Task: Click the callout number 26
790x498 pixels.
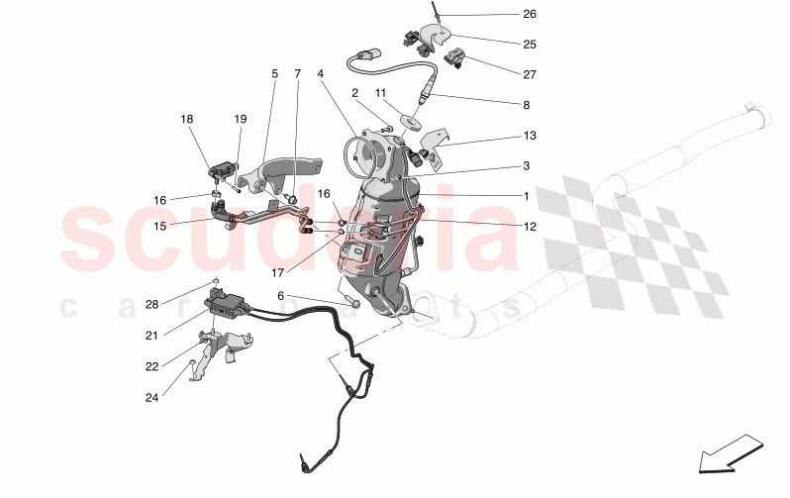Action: (x=529, y=15)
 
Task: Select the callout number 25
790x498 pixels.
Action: (x=529, y=45)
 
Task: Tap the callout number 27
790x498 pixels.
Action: (x=529, y=74)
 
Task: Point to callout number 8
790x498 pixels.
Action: (x=526, y=105)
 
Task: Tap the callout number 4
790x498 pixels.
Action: (x=321, y=73)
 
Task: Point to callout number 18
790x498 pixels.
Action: (x=186, y=119)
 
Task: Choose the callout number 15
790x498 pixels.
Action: (x=159, y=226)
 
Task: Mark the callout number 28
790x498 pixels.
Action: (x=151, y=304)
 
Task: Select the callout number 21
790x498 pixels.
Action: (x=151, y=336)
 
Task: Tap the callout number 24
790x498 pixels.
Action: (x=151, y=398)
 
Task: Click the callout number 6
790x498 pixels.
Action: (x=280, y=296)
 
